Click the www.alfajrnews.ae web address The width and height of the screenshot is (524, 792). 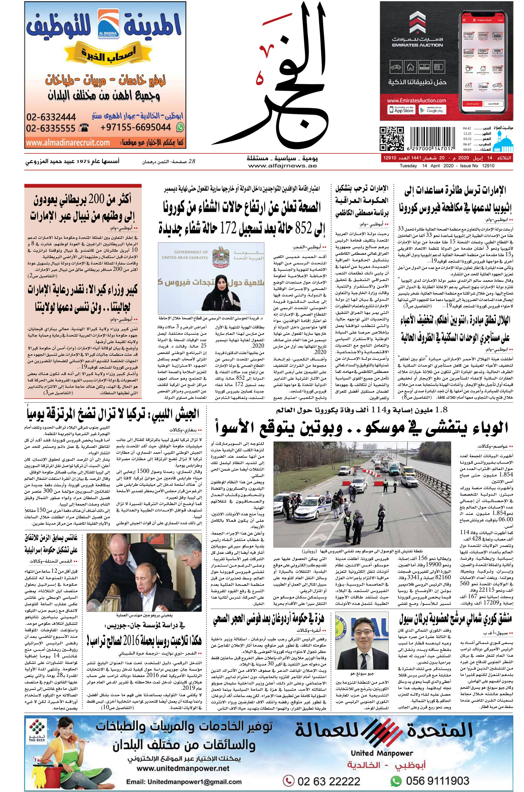click(x=283, y=166)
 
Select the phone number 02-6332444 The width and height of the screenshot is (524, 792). click(x=51, y=117)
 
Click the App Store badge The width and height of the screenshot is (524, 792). click(x=402, y=110)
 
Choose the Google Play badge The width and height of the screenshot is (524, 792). click(x=432, y=110)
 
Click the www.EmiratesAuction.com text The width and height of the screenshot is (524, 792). click(x=416, y=101)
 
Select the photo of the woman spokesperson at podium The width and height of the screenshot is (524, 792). click(x=211, y=278)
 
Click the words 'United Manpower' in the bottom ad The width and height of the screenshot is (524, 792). click(x=382, y=753)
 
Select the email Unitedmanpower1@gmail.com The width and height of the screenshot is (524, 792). click(x=184, y=782)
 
